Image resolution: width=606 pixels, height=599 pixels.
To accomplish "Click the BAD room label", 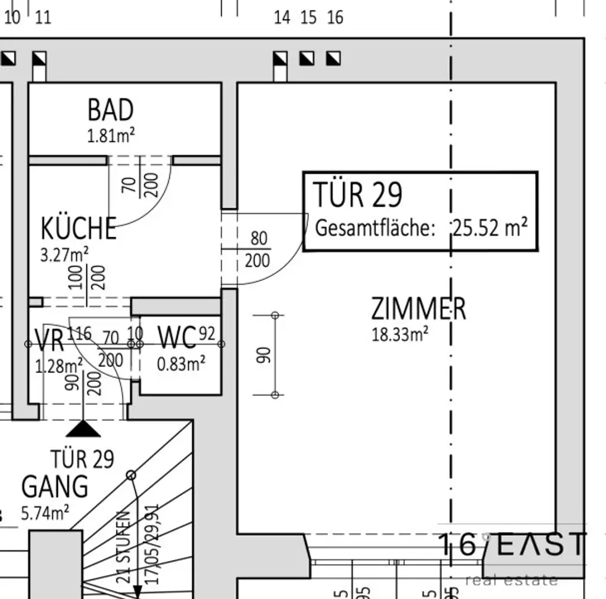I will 111,110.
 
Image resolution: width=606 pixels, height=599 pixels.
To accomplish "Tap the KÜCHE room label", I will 78,229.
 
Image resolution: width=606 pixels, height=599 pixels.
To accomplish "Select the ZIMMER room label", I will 418,309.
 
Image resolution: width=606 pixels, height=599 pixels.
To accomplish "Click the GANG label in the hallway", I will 55,487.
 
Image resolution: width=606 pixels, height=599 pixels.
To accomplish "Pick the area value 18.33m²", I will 400,334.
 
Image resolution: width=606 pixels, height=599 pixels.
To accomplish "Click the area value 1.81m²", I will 111,136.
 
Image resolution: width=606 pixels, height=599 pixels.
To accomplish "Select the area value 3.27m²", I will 65,255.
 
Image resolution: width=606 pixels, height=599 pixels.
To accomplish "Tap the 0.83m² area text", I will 181,363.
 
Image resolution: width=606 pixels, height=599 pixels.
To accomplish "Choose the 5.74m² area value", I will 46,513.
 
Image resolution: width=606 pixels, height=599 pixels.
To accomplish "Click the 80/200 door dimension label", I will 258,249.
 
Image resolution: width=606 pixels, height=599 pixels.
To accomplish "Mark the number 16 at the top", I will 335,18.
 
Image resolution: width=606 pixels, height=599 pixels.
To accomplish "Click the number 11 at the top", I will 43,18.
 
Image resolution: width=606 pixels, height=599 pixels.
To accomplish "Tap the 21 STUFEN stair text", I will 124,548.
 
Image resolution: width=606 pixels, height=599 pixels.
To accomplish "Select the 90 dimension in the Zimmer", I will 265,355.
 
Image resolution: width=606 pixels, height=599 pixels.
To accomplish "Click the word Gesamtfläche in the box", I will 375,228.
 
